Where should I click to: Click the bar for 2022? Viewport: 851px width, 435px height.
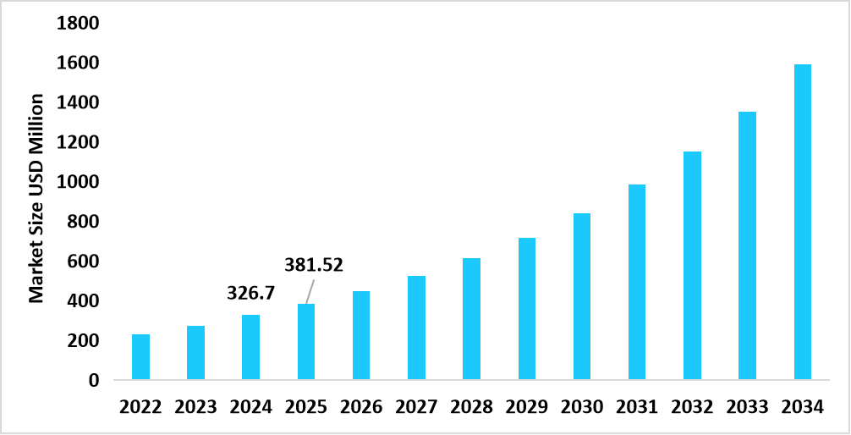[x=140, y=357]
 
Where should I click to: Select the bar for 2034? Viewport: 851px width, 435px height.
[x=803, y=222]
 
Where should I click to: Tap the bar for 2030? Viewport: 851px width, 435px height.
[x=582, y=296]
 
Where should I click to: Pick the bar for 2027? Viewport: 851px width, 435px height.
[x=416, y=328]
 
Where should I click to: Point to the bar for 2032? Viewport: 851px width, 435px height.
[x=692, y=266]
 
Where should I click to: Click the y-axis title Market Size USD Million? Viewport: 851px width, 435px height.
[x=36, y=200]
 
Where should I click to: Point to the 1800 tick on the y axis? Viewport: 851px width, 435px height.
[x=78, y=24]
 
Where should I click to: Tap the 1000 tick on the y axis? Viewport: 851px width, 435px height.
[x=78, y=182]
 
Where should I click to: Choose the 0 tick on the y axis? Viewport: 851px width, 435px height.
[x=94, y=381]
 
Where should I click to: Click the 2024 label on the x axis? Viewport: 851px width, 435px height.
[x=251, y=407]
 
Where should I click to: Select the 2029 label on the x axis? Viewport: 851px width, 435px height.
[x=526, y=407]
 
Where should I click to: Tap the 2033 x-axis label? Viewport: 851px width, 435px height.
[x=747, y=407]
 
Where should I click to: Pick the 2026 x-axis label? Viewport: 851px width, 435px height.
[x=361, y=407]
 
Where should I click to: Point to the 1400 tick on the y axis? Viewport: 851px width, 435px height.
[x=78, y=103]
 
